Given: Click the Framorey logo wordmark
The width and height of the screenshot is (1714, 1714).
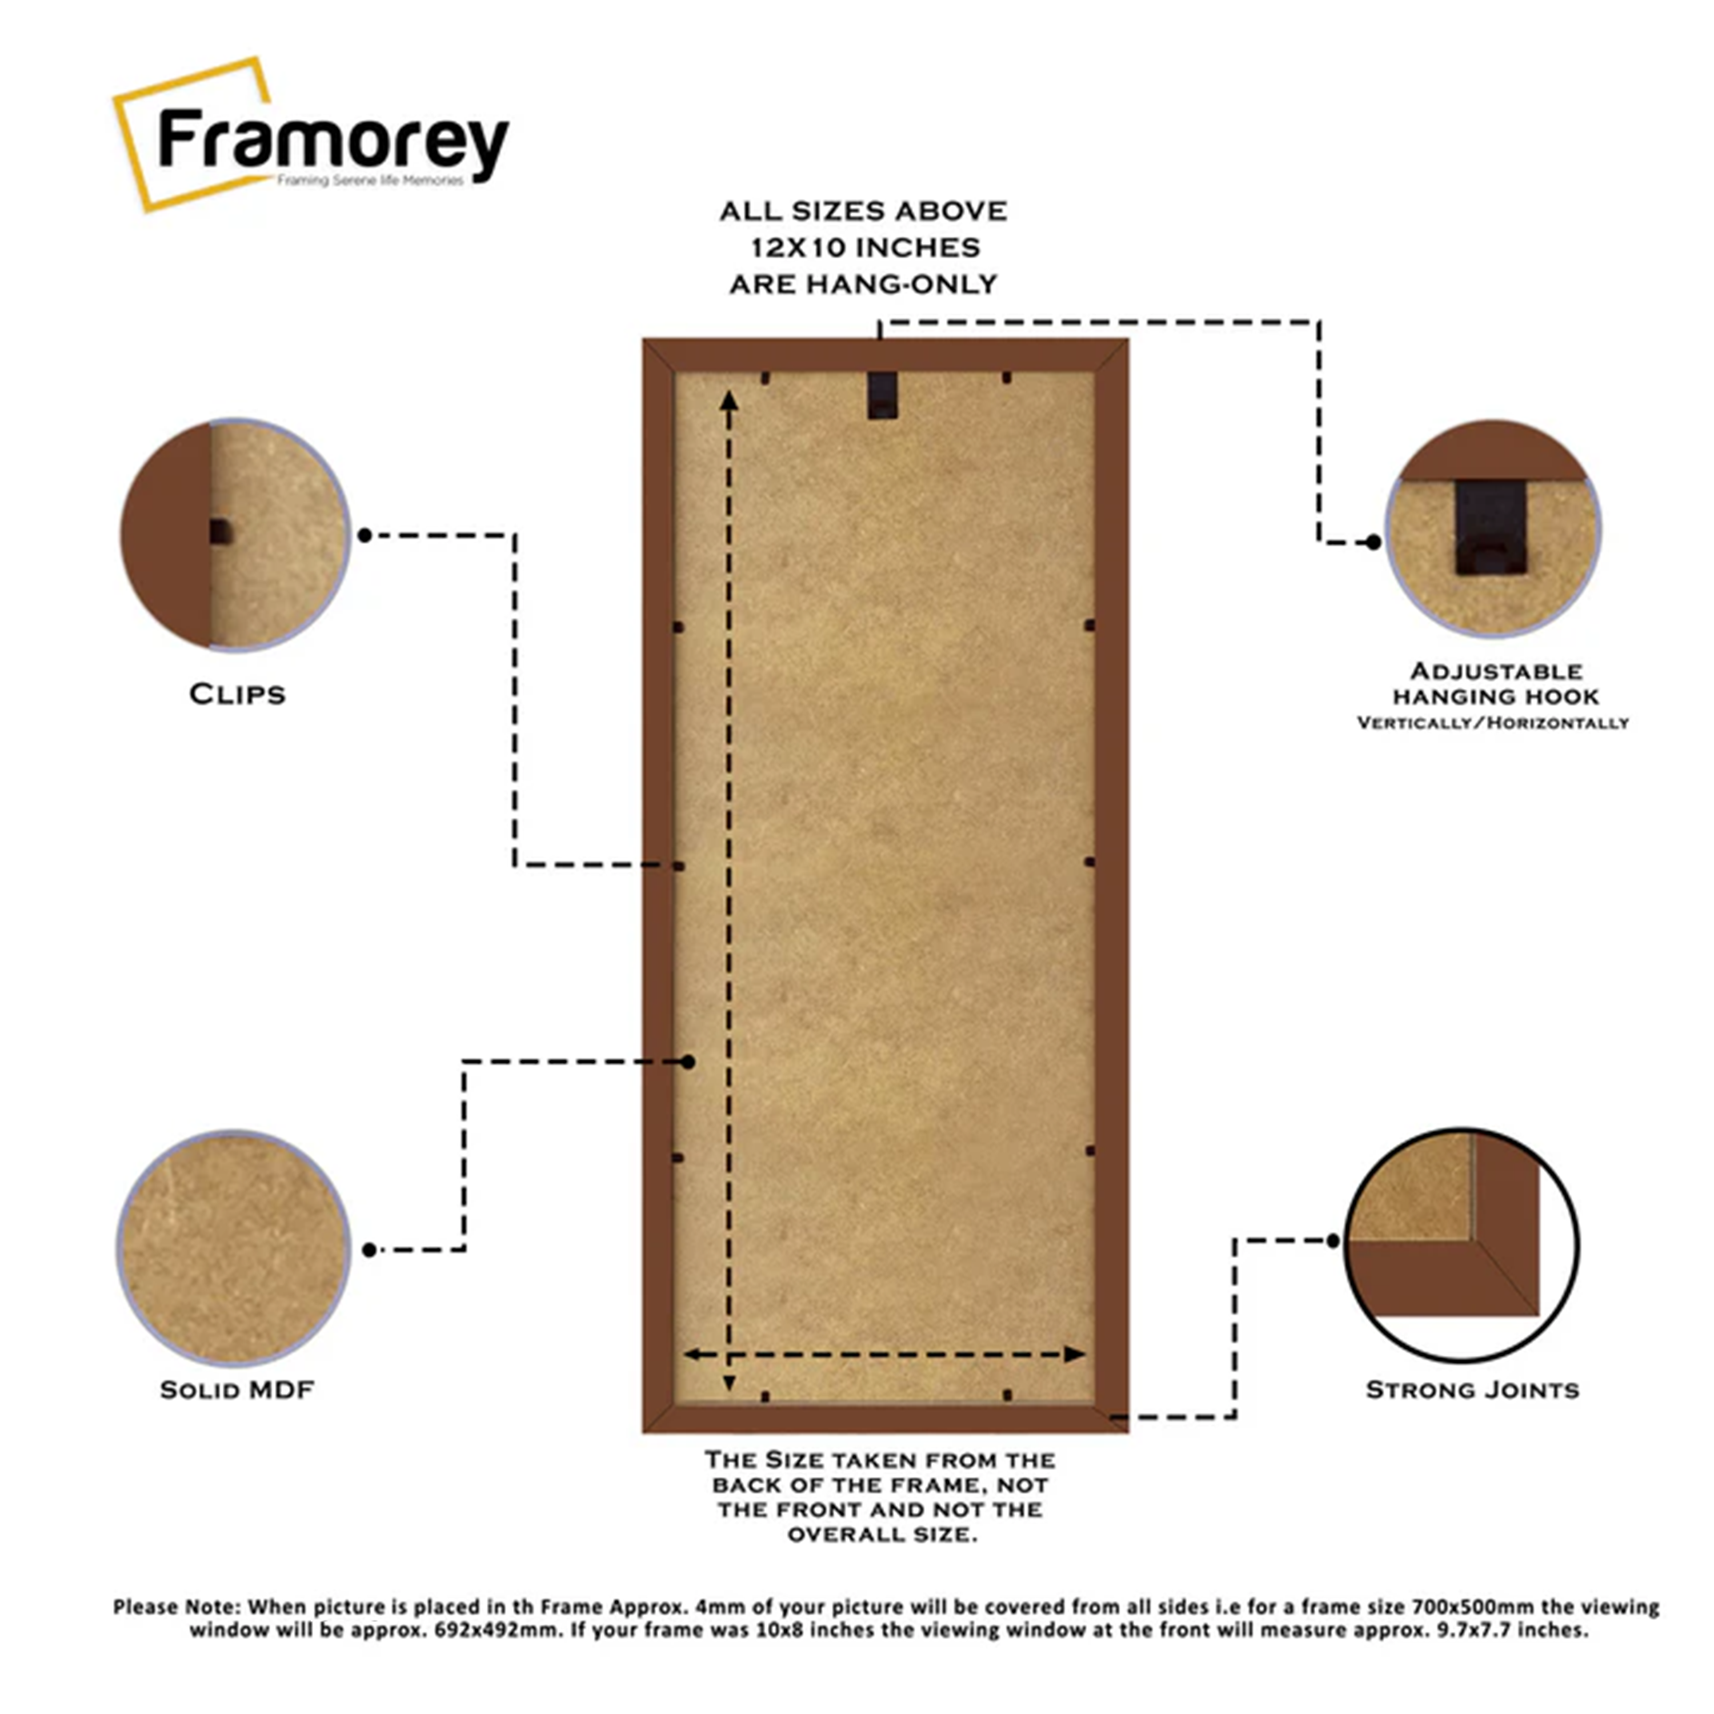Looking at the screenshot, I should (333, 142).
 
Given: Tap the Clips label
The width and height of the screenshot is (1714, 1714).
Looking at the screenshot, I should (237, 694).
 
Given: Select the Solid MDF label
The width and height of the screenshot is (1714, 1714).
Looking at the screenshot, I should (237, 1389).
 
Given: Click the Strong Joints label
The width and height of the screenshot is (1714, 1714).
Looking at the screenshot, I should (1472, 1389).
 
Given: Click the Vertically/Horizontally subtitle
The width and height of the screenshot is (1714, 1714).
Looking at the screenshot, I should (1492, 723).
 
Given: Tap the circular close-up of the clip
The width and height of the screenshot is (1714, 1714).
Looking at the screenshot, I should (235, 534).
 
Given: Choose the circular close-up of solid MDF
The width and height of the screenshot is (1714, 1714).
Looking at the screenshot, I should (233, 1248).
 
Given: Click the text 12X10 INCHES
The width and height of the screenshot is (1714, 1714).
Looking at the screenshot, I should (865, 247).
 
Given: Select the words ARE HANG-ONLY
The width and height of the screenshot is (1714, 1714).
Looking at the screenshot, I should (863, 285).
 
